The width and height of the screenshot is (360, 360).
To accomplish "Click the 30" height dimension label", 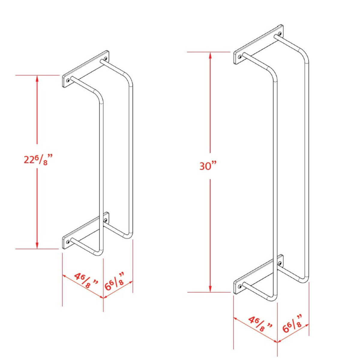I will pyautogui.click(x=208, y=166).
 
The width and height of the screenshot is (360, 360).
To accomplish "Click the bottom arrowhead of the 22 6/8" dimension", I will pyautogui.click(x=37, y=246).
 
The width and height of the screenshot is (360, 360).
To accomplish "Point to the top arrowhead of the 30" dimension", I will pyautogui.click(x=211, y=55).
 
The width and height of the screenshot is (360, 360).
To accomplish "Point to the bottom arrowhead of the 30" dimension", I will pyautogui.click(x=211, y=289).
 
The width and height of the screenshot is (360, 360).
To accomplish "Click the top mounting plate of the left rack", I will pyautogui.click(x=85, y=69).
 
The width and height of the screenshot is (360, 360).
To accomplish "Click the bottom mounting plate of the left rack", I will pyautogui.click(x=85, y=231).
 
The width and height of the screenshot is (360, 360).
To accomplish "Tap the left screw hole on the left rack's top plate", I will pyautogui.click(x=68, y=80).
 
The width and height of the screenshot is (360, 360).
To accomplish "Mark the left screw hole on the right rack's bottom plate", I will pyautogui.click(x=239, y=286).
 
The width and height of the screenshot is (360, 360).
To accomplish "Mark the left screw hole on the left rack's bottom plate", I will pyautogui.click(x=68, y=241).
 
